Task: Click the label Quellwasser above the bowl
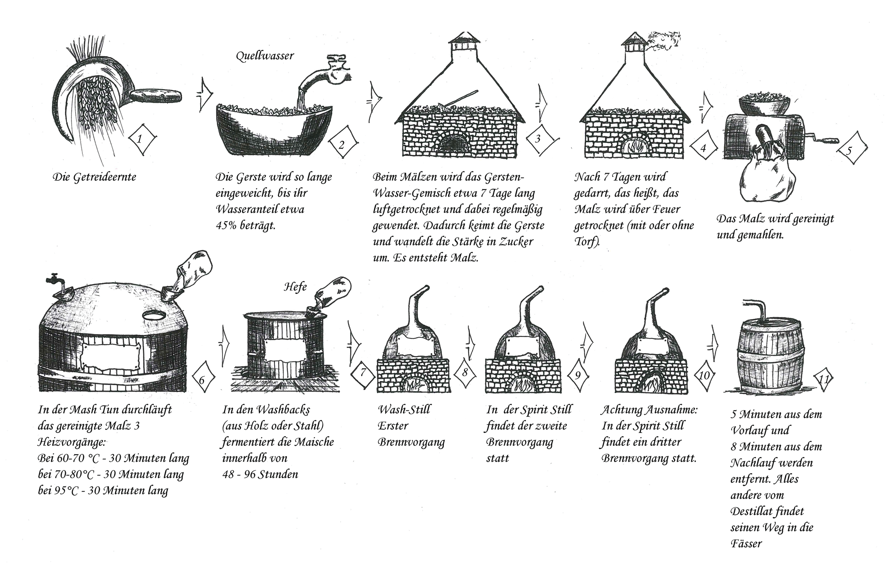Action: [265, 57]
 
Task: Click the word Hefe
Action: [295, 287]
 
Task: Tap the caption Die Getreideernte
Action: [94, 177]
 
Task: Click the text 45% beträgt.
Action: [246, 225]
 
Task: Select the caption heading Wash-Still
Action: [404, 410]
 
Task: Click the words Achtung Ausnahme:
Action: [649, 410]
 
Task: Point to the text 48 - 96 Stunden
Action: [260, 474]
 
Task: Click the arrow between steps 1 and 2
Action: [204, 93]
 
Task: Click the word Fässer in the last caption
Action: [746, 544]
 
